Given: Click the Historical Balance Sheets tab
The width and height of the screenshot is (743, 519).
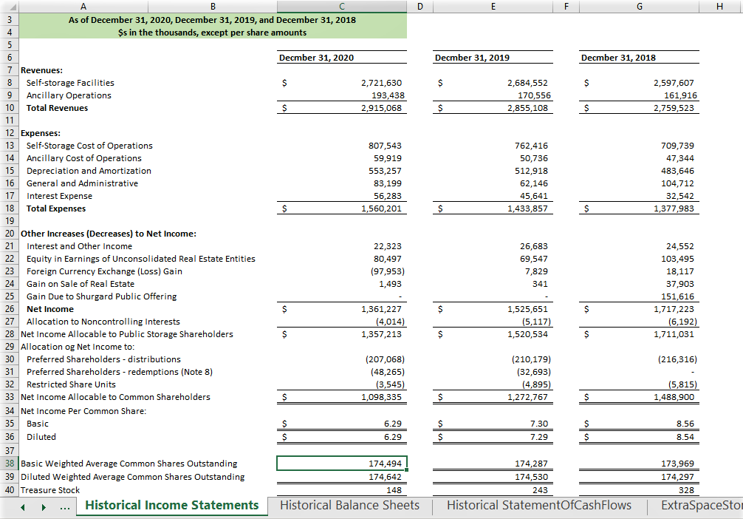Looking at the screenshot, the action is click(x=349, y=506).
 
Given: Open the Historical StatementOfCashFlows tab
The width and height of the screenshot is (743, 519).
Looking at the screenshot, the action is click(x=539, y=506).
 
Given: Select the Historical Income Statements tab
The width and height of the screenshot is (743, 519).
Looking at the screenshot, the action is click(x=172, y=506).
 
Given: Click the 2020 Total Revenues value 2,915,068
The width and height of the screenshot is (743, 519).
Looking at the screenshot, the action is click(x=381, y=108).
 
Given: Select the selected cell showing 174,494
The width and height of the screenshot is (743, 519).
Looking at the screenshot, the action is click(x=342, y=464).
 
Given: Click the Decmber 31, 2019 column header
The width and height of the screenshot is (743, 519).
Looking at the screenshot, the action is click(x=472, y=58).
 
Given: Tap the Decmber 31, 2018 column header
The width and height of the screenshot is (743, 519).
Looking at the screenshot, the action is click(x=618, y=58).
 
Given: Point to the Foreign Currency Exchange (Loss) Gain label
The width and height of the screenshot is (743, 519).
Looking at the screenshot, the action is click(x=104, y=271).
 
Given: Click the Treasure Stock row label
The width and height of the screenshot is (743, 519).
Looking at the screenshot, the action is click(x=50, y=490).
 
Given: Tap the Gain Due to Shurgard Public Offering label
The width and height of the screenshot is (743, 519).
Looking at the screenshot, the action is click(x=101, y=296).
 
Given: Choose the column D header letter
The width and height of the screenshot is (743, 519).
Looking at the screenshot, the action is click(x=420, y=6).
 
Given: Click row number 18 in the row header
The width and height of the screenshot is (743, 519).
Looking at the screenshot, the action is click(x=10, y=208).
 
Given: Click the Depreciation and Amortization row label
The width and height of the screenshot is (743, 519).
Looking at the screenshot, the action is click(x=89, y=171).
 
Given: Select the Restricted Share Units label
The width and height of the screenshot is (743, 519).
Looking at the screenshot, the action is click(x=71, y=384).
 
